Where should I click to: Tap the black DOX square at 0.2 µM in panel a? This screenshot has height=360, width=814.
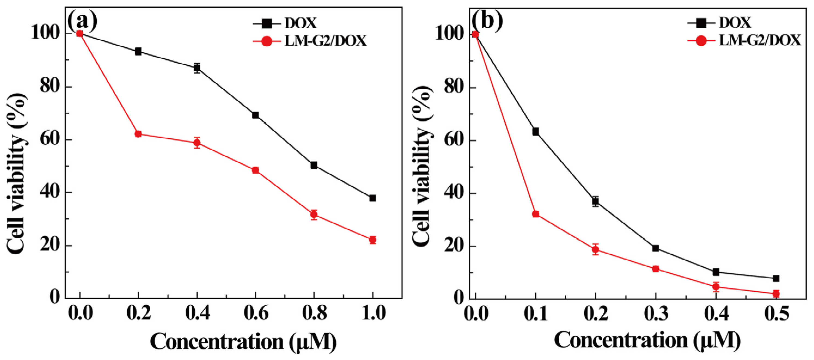coord(138,51)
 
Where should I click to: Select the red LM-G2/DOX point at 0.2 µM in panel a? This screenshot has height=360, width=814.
coord(138,134)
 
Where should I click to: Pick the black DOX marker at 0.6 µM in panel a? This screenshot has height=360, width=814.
coord(255,115)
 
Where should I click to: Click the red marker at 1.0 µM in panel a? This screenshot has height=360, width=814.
coord(373,240)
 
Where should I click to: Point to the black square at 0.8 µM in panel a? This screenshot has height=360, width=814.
coord(314,165)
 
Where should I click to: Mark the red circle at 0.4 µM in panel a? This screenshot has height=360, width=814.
coord(197,143)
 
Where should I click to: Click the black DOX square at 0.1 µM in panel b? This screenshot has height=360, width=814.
coord(535,132)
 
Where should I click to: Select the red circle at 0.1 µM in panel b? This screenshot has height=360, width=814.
coord(535,214)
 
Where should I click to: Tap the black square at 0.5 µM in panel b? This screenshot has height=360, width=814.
coord(776,279)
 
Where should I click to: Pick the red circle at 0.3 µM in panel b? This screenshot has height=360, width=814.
coord(656,269)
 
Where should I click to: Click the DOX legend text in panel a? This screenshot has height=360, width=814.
coord(300,23)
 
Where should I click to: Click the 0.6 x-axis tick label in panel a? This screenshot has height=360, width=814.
coord(256,313)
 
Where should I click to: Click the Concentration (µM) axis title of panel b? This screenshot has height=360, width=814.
coord(647,341)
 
